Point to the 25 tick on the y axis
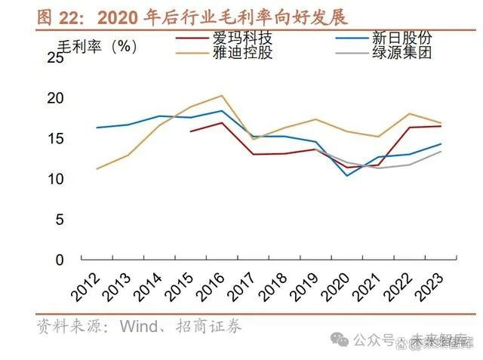[59, 58]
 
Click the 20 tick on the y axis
[59, 98]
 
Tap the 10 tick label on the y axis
[59, 180]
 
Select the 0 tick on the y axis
[63, 260]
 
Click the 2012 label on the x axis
[87, 285]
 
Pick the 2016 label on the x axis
[212, 285]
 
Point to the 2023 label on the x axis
[432, 285]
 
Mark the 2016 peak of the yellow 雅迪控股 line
[221, 96]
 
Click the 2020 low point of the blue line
[347, 176]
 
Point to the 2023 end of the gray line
[441, 151]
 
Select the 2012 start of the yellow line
[97, 169]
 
